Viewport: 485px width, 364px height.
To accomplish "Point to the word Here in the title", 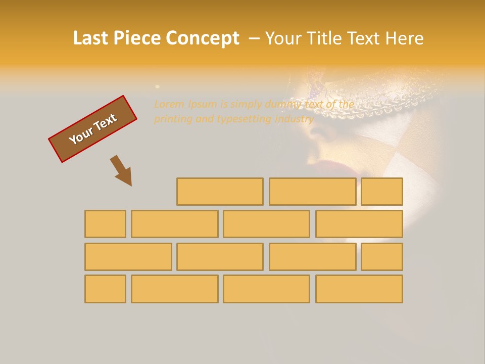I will (x=404, y=38).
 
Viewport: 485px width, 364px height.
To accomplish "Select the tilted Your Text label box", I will (x=92, y=129).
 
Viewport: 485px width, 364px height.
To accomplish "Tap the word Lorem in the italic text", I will (x=169, y=105).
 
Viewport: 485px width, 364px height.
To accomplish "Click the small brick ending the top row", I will (x=382, y=192).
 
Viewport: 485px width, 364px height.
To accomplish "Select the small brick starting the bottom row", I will (x=105, y=289).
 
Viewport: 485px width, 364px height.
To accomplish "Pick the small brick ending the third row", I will (x=382, y=257).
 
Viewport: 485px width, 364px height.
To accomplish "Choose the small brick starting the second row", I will (x=105, y=224).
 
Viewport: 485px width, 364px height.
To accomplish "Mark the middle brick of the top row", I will (x=312, y=192).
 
